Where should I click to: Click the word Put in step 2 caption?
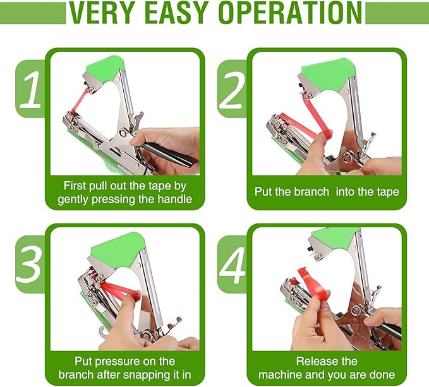point(263,191)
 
